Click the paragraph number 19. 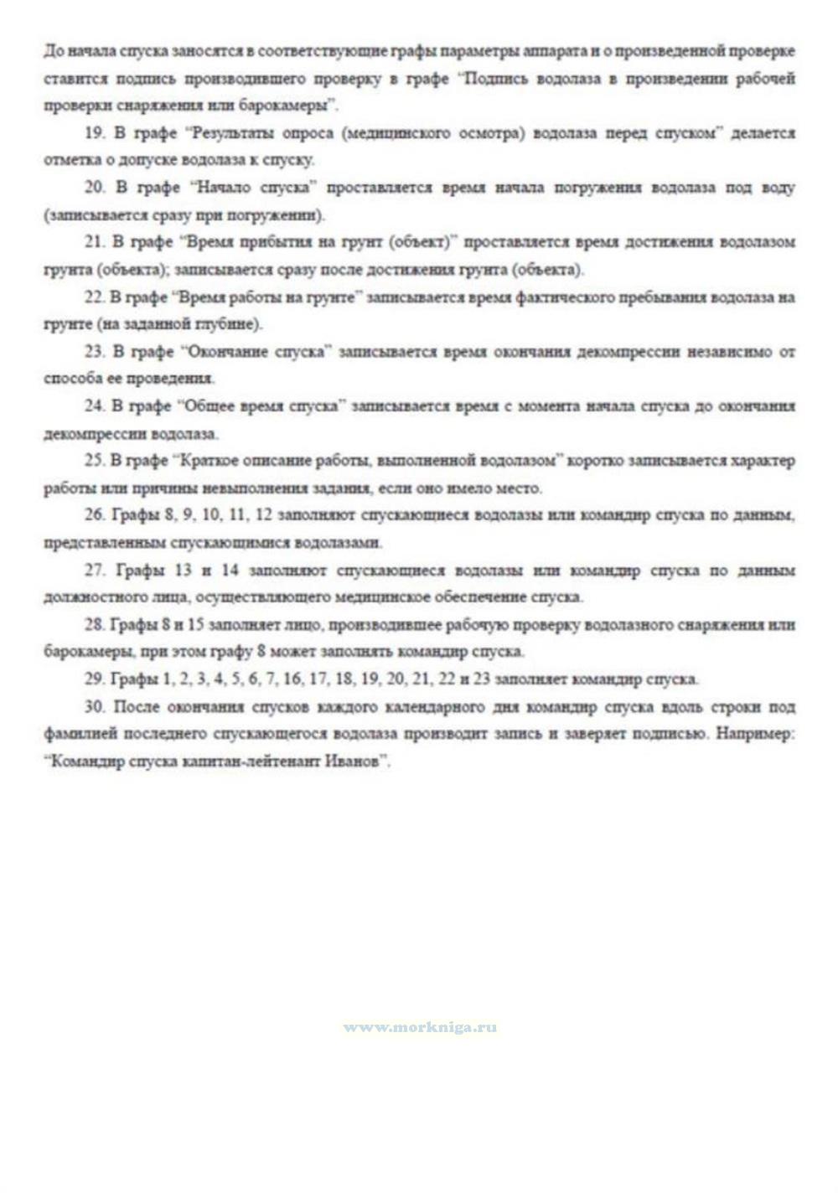point(95,133)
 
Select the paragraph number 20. point(95,188)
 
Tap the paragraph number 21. point(95,242)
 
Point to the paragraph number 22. point(95,297)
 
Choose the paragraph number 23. point(95,351)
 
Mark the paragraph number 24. point(95,405)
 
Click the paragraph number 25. point(95,460)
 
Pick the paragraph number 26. point(95,514)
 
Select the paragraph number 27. point(95,571)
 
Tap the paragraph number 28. point(95,625)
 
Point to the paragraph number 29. point(95,679)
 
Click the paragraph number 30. point(95,707)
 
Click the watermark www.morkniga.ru point(420,1027)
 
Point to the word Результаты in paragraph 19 point(231,133)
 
